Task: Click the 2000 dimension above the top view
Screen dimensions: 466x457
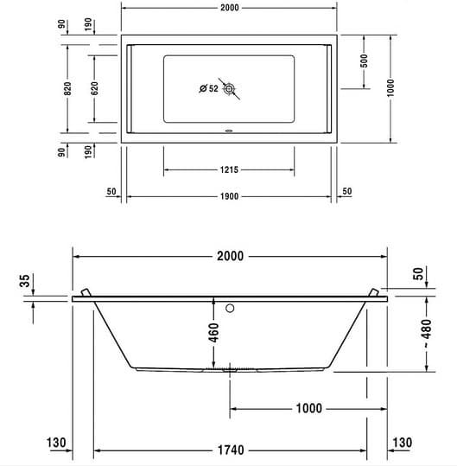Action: (229, 8)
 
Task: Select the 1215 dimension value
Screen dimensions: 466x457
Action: (229, 169)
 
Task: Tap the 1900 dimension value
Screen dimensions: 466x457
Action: (229, 196)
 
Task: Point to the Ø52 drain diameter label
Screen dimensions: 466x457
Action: (208, 88)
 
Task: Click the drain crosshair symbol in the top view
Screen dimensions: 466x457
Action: (229, 88)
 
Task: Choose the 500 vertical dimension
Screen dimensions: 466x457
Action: (365, 61)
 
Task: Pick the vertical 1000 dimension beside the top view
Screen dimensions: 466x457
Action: (390, 87)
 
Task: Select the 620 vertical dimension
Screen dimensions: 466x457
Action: (94, 88)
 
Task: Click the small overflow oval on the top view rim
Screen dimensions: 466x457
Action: (229, 133)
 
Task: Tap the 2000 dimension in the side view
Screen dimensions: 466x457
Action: (229, 256)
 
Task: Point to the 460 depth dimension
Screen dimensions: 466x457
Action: (214, 330)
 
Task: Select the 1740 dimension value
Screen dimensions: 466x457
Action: (229, 450)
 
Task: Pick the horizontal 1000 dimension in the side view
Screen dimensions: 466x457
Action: (308, 408)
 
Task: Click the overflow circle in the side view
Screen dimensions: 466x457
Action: (230, 307)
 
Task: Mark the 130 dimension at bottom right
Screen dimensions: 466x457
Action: (402, 443)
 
